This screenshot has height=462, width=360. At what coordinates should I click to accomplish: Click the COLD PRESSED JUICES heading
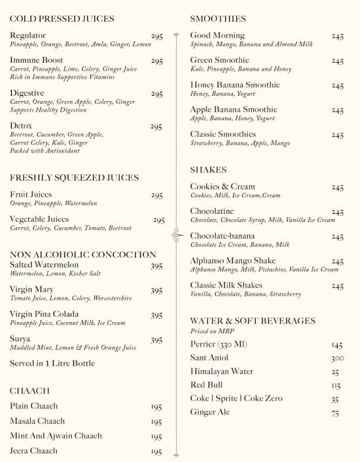click(62, 19)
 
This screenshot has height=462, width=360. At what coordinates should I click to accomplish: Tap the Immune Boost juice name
click(36, 60)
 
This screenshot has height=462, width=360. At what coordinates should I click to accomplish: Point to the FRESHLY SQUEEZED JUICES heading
click(75, 178)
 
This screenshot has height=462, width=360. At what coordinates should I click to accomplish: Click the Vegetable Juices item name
click(39, 219)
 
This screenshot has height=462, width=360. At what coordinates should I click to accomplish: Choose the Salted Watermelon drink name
click(44, 265)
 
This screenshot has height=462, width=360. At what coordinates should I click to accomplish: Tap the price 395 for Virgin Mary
click(156, 290)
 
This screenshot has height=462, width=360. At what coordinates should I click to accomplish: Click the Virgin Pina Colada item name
click(44, 314)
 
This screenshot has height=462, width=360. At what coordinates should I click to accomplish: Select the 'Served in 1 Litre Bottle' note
click(52, 364)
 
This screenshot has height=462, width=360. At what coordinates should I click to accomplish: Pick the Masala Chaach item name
click(37, 421)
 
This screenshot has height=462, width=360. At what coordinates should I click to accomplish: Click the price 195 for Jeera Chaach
click(156, 452)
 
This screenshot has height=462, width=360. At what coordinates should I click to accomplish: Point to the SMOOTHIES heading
click(218, 19)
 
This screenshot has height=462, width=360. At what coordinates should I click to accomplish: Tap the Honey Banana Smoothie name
click(235, 85)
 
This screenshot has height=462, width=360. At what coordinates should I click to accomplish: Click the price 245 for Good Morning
click(338, 36)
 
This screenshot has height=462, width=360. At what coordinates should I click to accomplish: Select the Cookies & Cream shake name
click(222, 187)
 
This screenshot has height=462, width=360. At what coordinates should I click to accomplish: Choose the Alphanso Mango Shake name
click(233, 261)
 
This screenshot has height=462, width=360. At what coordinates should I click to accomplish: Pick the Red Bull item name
click(206, 385)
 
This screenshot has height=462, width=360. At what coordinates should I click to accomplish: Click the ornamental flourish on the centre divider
click(176, 233)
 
